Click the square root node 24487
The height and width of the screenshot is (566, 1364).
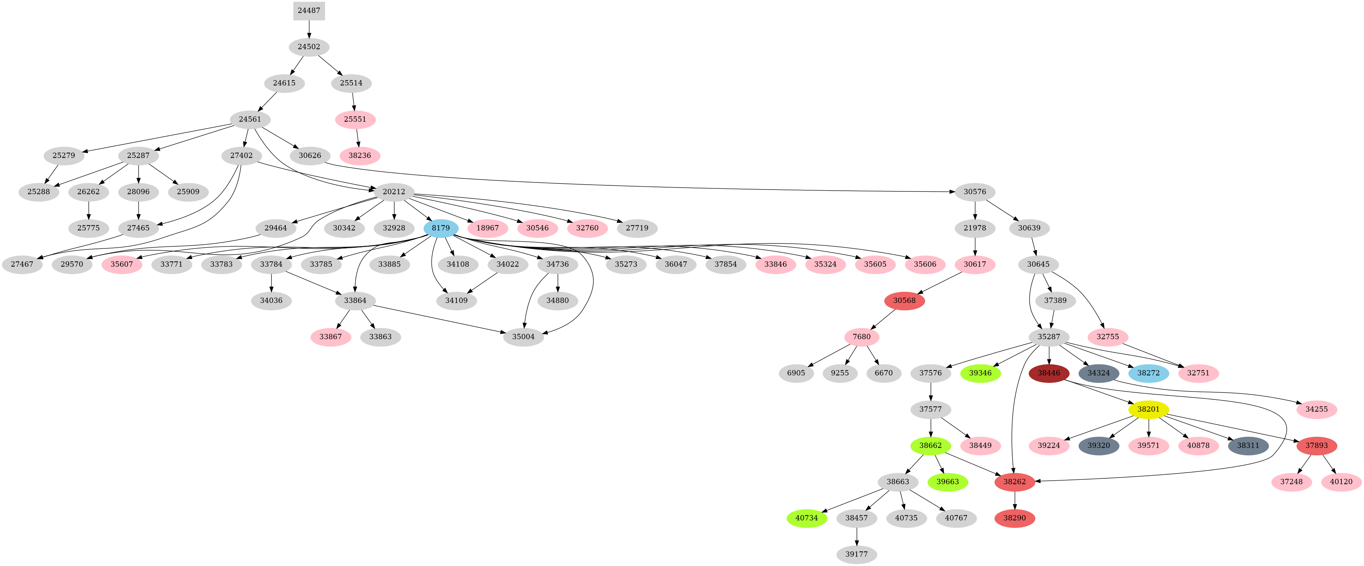click(309, 11)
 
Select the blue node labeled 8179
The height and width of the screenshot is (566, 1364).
click(441, 228)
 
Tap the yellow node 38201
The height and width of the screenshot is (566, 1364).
click(1148, 409)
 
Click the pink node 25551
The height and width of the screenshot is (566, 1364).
click(355, 120)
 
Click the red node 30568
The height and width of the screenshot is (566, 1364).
click(904, 301)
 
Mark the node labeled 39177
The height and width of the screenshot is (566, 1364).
click(856, 554)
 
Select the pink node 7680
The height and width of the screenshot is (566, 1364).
click(862, 337)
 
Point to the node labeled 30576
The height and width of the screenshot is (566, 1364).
click(974, 192)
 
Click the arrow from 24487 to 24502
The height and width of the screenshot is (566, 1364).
click(309, 29)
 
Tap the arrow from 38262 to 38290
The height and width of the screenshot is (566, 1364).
click(1014, 500)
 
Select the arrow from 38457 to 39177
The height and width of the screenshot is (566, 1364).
click(856, 536)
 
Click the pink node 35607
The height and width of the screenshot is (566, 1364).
click(122, 264)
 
